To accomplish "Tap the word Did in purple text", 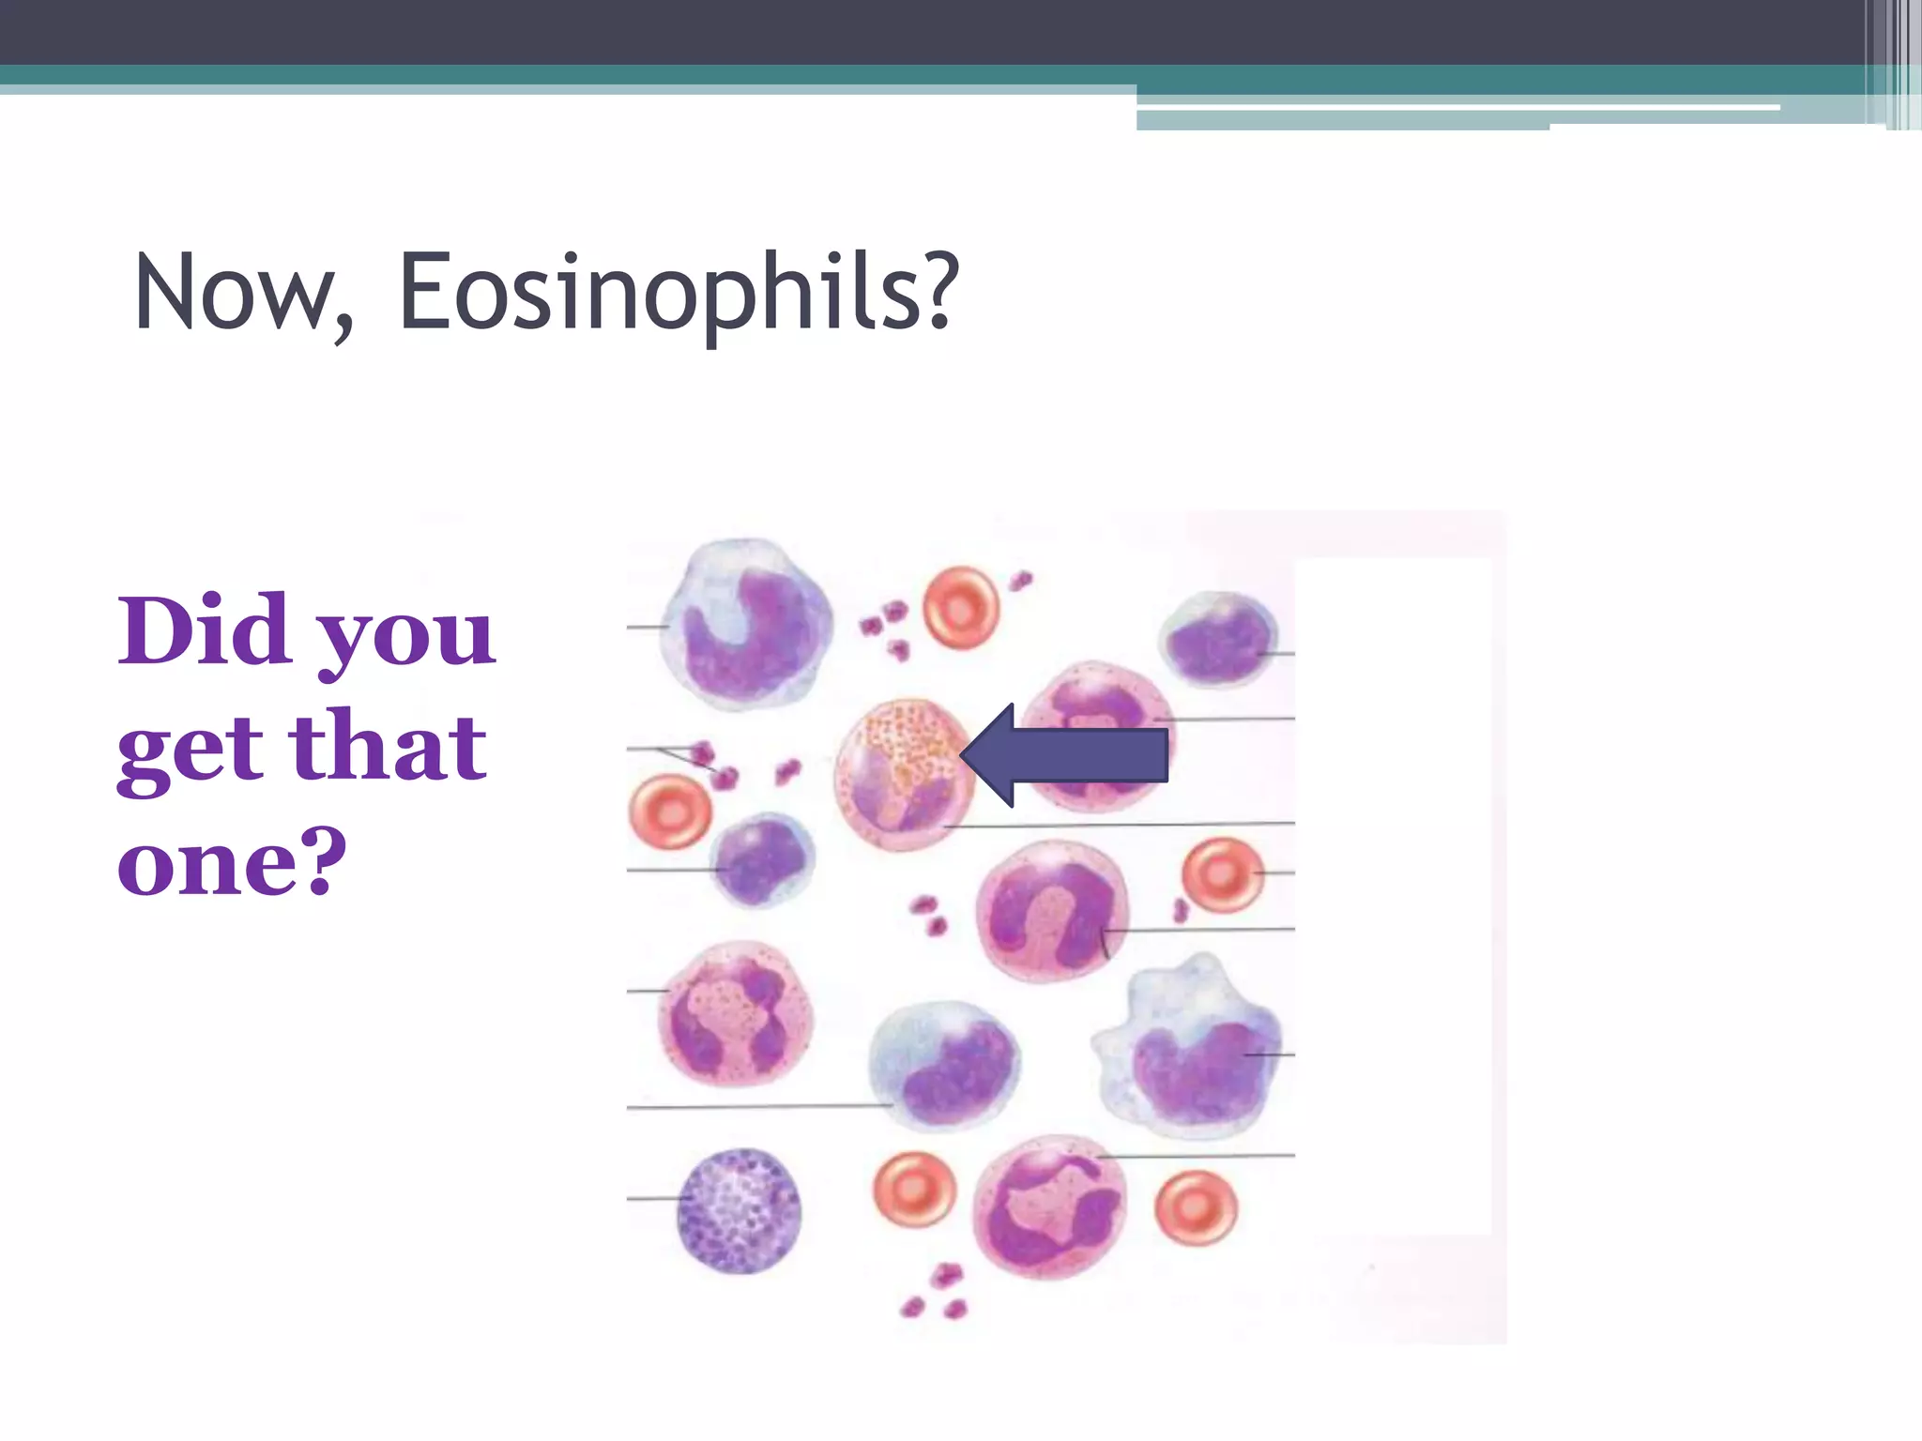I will pyautogui.click(x=204, y=630).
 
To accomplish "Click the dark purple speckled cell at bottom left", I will pyautogui.click(x=740, y=1210).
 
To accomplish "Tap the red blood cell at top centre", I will pyautogui.click(x=960, y=608).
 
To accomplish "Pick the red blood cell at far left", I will pyautogui.click(x=669, y=812).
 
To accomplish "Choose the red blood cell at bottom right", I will pyautogui.click(x=1195, y=1207).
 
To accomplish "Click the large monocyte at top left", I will pyautogui.click(x=746, y=624).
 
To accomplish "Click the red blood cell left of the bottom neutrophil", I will pyautogui.click(x=914, y=1189).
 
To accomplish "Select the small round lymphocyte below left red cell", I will pyautogui.click(x=761, y=859).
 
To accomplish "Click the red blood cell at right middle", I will pyautogui.click(x=1221, y=874).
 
